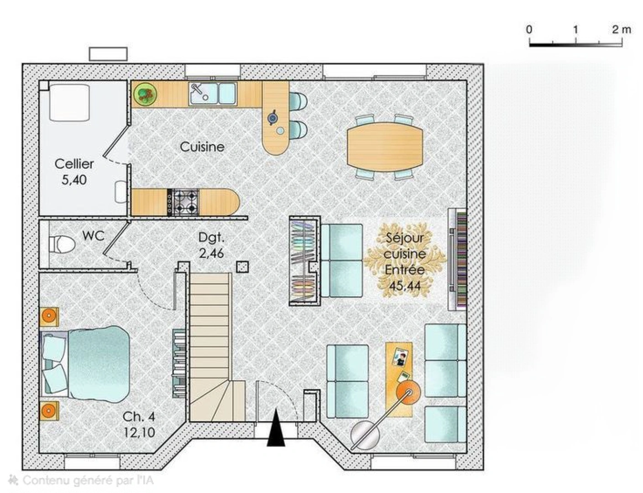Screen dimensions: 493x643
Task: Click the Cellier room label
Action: pyautogui.click(x=74, y=163)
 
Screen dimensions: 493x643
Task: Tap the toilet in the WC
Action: pyautogui.click(x=62, y=244)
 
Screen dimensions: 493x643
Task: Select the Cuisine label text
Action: pyautogui.click(x=202, y=147)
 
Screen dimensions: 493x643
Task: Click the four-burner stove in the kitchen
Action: pyautogui.click(x=183, y=202)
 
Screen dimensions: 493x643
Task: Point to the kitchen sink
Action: pyautogui.click(x=212, y=94)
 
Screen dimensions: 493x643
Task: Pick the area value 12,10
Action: pyautogui.click(x=139, y=432)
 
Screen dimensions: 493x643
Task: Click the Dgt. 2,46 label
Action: pyautogui.click(x=211, y=245)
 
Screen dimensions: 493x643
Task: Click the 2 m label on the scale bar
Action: pyautogui.click(x=622, y=30)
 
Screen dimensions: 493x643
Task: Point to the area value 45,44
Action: pyautogui.click(x=405, y=286)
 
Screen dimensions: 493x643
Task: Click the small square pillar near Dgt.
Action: pyautogui.click(x=242, y=267)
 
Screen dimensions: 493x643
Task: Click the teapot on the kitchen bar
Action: pyautogui.click(x=273, y=118)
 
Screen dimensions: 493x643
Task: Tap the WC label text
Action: pyautogui.click(x=93, y=236)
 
